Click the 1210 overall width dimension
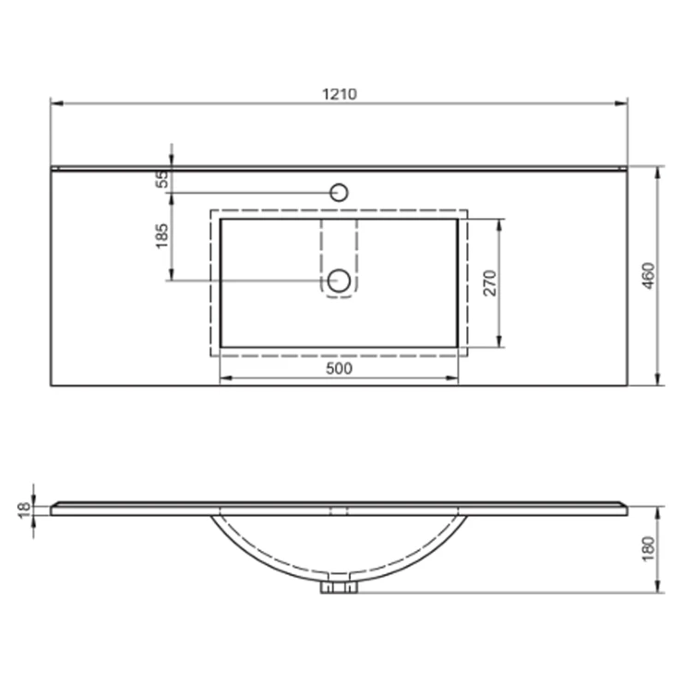click(340, 93)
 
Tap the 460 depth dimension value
click(649, 276)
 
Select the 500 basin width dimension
click(339, 368)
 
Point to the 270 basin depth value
click(490, 283)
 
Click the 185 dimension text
click(162, 236)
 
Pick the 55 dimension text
click(162, 179)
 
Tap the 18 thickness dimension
click(24, 509)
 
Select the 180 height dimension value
click(649, 549)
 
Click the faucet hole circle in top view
click(339, 192)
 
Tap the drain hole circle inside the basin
click(339, 281)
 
